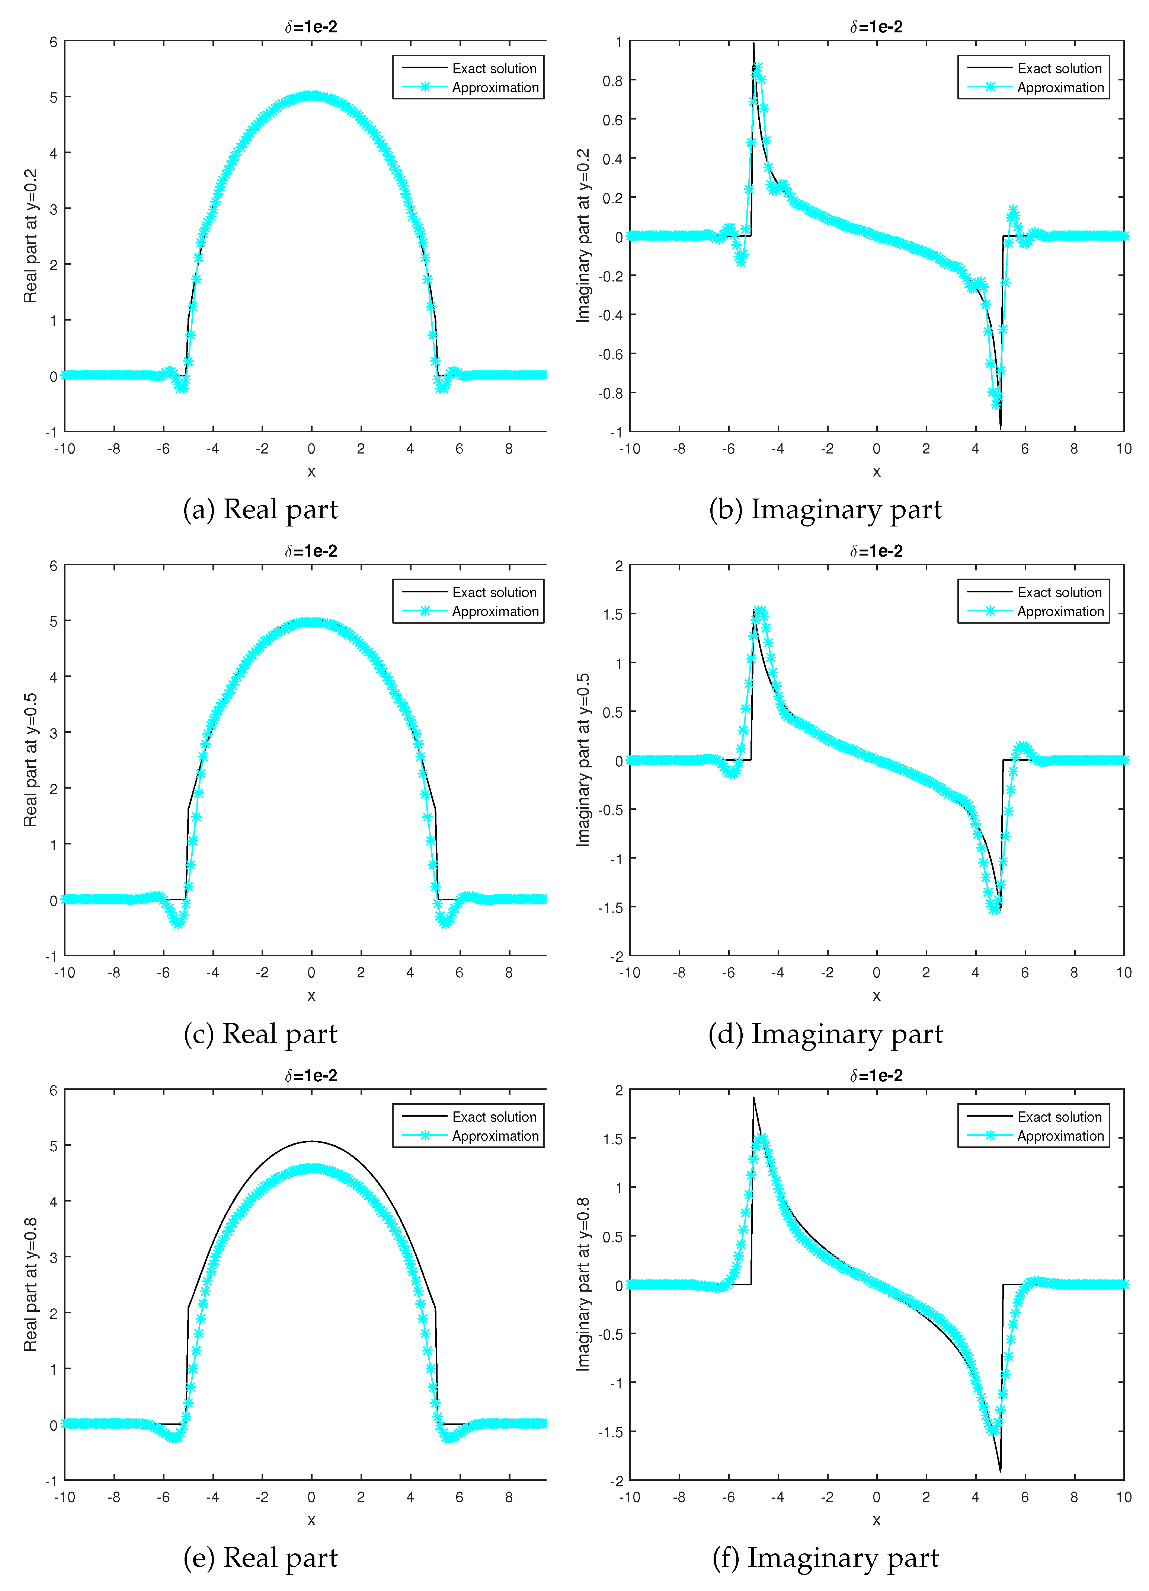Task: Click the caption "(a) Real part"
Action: click(260, 509)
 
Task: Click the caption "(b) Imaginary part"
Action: click(825, 509)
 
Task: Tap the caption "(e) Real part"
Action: click(260, 1557)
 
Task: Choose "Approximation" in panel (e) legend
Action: click(495, 1136)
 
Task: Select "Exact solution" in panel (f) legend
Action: click(1059, 1117)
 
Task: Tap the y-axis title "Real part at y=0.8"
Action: click(30, 1285)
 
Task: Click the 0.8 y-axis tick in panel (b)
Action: click(612, 81)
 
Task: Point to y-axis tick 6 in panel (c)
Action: click(53, 566)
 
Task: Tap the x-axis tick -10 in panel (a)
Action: click(64, 449)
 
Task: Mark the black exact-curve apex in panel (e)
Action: click(312, 1141)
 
